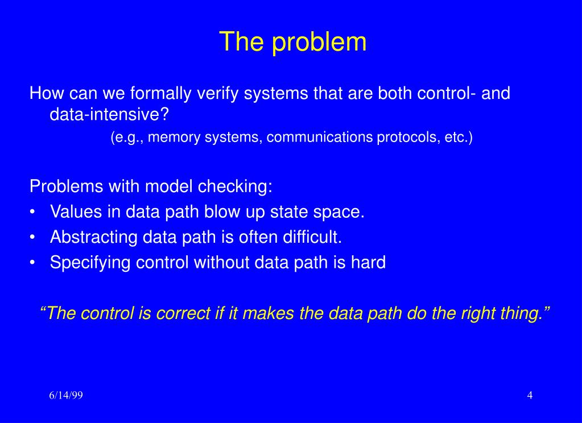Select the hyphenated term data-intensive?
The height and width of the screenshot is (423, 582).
point(110,115)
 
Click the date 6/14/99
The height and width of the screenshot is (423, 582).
point(65,396)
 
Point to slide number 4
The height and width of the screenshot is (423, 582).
point(530,396)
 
